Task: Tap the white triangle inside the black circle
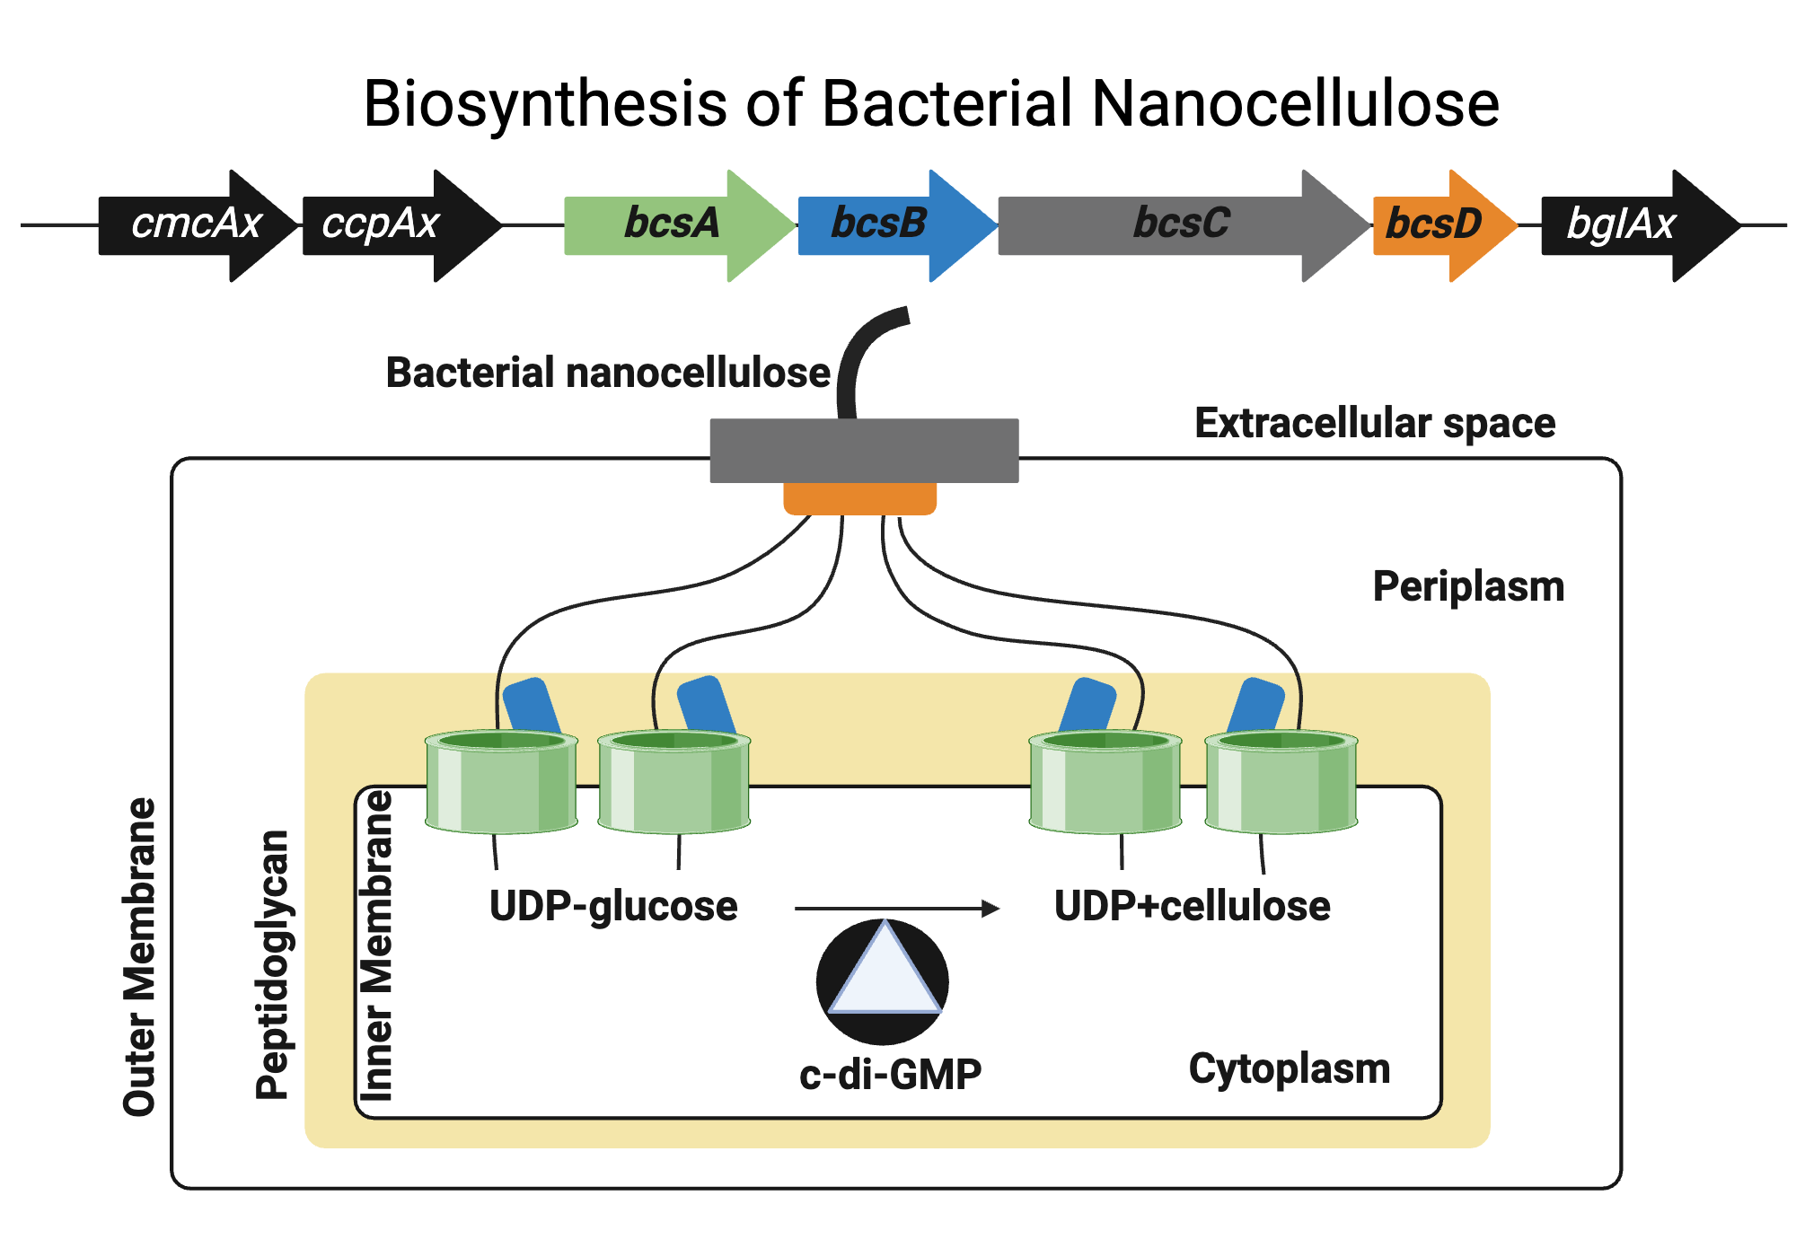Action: (885, 979)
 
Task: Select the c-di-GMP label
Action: (890, 1075)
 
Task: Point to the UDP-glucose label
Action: (613, 906)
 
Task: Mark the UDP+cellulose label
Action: (1192, 906)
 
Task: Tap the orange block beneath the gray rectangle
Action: (859, 499)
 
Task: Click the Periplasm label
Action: (1468, 587)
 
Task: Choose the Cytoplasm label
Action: (1289, 1069)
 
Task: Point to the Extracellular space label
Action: (1374, 423)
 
